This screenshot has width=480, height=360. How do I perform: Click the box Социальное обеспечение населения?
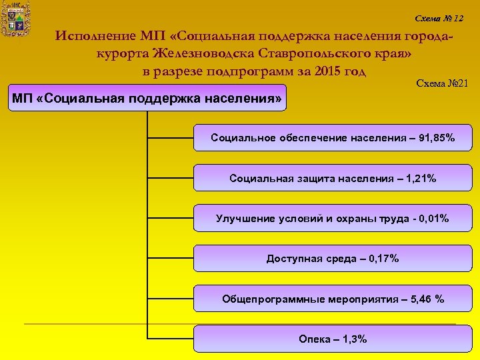333,138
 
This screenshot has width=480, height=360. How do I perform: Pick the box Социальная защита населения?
333,178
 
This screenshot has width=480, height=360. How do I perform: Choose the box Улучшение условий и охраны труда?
333,219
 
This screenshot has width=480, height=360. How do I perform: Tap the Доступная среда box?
333,259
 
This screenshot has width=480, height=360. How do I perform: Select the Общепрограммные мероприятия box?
333,299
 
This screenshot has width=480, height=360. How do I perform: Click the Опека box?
333,339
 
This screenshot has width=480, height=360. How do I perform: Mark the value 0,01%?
432,219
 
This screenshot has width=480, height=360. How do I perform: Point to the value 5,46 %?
427,299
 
